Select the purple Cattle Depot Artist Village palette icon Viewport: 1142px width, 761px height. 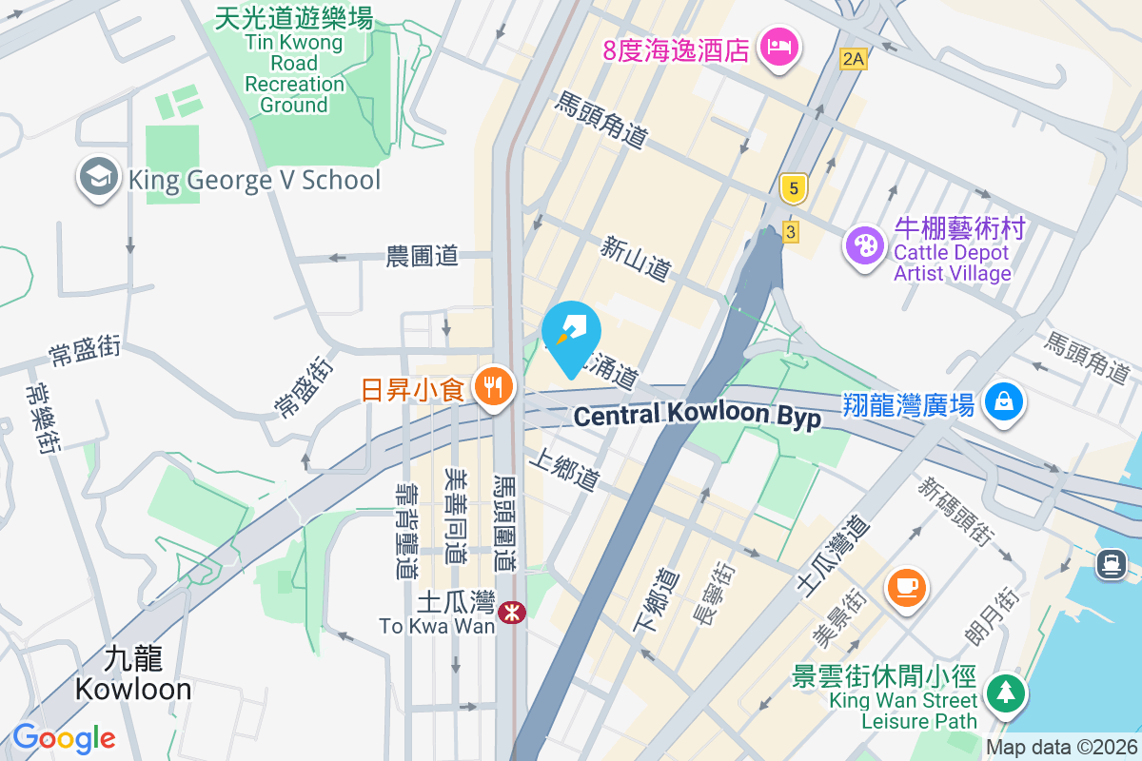(865, 245)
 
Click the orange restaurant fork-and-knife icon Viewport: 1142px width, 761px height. (492, 387)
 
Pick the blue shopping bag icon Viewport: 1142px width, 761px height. (1003, 401)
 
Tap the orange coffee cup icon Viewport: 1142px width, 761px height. (907, 584)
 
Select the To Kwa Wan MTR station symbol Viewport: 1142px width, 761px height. (512, 613)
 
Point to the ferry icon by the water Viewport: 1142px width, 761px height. (1111, 564)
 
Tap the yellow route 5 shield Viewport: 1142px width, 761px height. (792, 188)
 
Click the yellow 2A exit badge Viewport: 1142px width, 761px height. (854, 59)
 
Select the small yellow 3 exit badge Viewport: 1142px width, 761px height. (790, 232)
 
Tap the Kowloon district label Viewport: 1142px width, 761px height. (133, 673)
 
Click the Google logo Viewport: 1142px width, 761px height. (65, 737)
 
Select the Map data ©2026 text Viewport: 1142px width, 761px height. (1060, 747)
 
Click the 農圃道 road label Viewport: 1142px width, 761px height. (422, 256)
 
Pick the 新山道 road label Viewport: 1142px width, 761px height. (635, 259)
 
